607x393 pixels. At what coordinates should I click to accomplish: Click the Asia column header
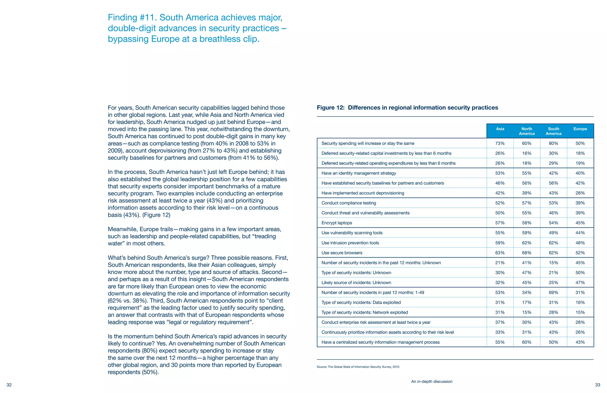coord(500,129)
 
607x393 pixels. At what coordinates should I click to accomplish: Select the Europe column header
coord(580,129)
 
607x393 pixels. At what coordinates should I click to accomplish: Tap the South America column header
coord(553,131)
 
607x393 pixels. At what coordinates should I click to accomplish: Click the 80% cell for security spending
coord(553,143)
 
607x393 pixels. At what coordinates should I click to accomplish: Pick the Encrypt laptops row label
coord(337,223)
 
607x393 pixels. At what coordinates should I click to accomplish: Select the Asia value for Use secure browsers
coord(500,253)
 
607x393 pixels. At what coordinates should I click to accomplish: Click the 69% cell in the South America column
coord(553,292)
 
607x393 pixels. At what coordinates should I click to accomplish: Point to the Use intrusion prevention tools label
coord(350,243)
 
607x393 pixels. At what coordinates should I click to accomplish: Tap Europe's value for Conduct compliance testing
coord(580,203)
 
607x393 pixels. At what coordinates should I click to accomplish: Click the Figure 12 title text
coord(407,108)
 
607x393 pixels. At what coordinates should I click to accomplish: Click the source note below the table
coord(358,367)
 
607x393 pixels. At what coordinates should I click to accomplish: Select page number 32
coord(9,385)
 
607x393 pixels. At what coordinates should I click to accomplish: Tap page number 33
coord(598,385)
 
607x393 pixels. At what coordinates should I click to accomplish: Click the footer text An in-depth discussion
coord(432,381)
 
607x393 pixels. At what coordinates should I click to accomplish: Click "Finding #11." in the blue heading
coord(132,17)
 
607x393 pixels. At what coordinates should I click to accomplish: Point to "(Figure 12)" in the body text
coord(156,215)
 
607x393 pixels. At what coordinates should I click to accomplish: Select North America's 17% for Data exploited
coord(527,302)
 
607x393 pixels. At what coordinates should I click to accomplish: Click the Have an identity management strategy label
coord(359,173)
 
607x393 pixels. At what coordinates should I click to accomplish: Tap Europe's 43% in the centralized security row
coord(580,342)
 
